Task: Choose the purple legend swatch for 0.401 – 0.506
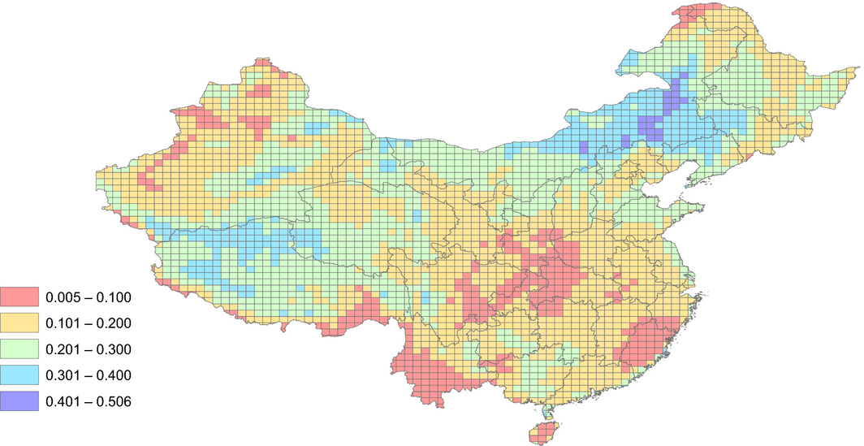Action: coord(19,401)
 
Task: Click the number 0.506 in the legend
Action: coord(114,401)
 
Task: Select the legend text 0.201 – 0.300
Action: coord(89,349)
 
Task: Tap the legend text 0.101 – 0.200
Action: coord(89,323)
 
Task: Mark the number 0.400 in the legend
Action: coord(114,375)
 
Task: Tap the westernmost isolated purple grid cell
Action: coord(583,147)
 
